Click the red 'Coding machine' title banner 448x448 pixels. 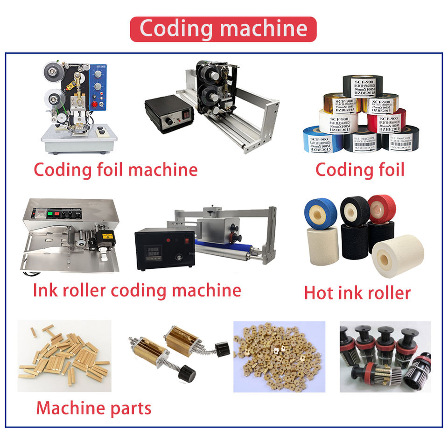point(223,29)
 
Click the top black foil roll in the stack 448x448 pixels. point(363,85)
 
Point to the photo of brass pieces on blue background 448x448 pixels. point(279,356)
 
